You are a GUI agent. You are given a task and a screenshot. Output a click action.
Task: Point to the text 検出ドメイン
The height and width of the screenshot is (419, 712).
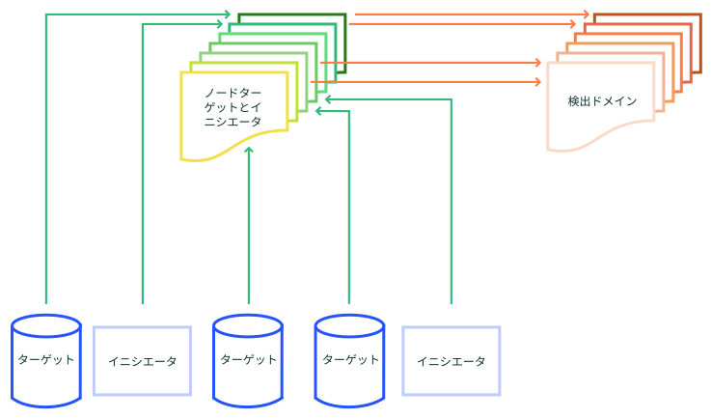pyautogui.click(x=602, y=100)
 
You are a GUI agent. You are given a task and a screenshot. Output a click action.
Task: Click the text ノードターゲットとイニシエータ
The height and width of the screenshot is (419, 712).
pyautogui.click(x=233, y=107)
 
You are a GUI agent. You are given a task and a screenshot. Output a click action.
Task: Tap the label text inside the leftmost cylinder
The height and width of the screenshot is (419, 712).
pyautogui.click(x=46, y=359)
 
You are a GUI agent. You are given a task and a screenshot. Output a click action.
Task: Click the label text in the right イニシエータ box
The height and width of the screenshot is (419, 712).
pyautogui.click(x=452, y=361)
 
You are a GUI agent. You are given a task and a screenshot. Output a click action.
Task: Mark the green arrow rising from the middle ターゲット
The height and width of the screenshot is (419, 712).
pyautogui.click(x=249, y=225)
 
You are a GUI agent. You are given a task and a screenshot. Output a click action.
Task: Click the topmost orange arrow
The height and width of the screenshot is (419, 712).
pyautogui.click(x=472, y=14)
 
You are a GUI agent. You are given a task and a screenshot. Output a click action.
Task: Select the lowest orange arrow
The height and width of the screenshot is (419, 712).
pyautogui.click(x=425, y=82)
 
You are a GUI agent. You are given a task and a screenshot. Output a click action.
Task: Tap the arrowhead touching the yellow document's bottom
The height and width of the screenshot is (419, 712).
pyautogui.click(x=249, y=150)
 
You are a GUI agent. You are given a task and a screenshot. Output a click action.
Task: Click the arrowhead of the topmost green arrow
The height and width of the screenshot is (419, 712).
pyautogui.click(x=228, y=14)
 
